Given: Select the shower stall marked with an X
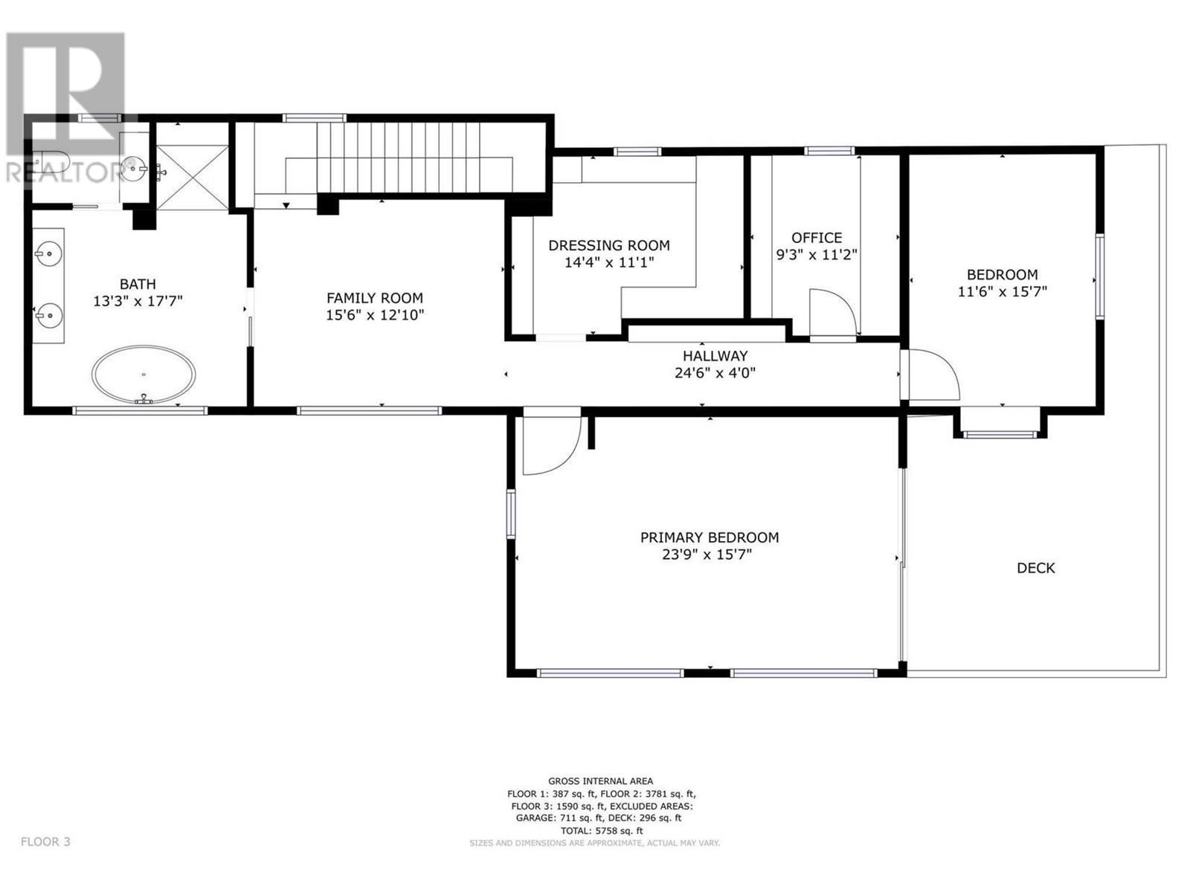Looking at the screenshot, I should pyautogui.click(x=192, y=178).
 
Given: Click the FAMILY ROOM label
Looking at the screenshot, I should pyautogui.click(x=375, y=298).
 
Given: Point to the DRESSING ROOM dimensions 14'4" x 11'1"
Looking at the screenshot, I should pyautogui.click(x=609, y=262).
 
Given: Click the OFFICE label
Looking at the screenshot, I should pyautogui.click(x=817, y=238).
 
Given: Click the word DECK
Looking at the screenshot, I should pyautogui.click(x=1035, y=568).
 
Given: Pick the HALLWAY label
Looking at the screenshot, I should pyautogui.click(x=715, y=356).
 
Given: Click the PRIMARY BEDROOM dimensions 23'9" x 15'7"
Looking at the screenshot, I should pyautogui.click(x=709, y=555).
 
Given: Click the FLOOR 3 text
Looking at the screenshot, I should pyautogui.click(x=45, y=841).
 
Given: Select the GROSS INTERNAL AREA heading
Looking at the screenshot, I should pyautogui.click(x=600, y=780).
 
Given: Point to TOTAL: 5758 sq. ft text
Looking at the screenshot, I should pyautogui.click(x=600, y=830).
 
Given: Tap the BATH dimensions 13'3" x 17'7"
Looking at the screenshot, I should pyautogui.click(x=138, y=301).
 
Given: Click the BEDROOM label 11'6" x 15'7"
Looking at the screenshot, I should pyautogui.click(x=1002, y=274).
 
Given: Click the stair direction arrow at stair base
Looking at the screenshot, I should pyautogui.click(x=286, y=206).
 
